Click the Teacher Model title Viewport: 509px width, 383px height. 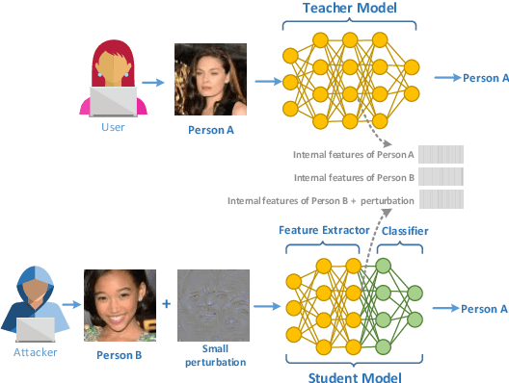[350, 9]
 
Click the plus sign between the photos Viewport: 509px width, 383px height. [167, 303]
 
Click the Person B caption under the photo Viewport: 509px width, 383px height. [121, 354]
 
